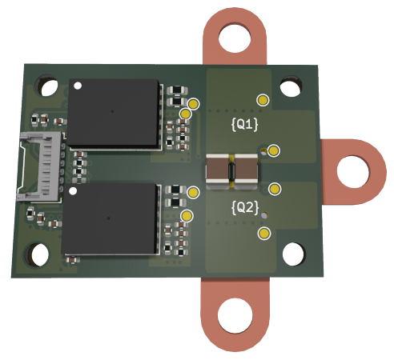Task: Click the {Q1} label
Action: click(x=243, y=125)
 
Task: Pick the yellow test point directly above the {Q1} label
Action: click(x=263, y=99)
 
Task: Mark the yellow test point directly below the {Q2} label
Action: click(x=263, y=233)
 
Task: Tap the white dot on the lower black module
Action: click(x=73, y=192)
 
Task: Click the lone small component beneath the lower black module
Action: click(x=72, y=258)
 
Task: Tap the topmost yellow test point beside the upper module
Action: click(x=194, y=103)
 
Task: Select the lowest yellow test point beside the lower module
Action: click(x=187, y=217)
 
